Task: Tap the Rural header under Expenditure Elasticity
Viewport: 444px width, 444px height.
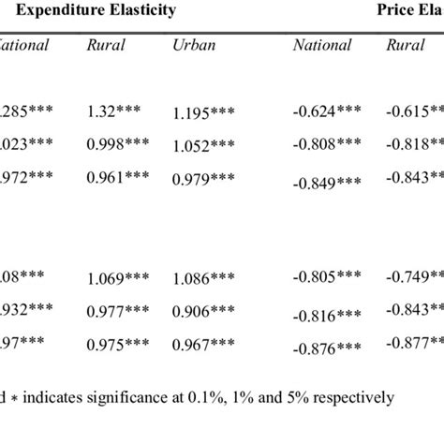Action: coord(105,45)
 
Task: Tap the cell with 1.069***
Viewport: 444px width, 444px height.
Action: coord(116,277)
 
